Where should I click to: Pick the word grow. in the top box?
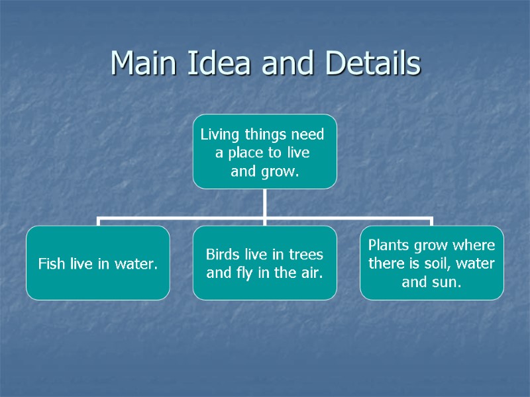click(280, 172)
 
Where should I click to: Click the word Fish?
click(50, 265)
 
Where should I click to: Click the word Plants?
click(389, 246)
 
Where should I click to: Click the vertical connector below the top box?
click(264, 202)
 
